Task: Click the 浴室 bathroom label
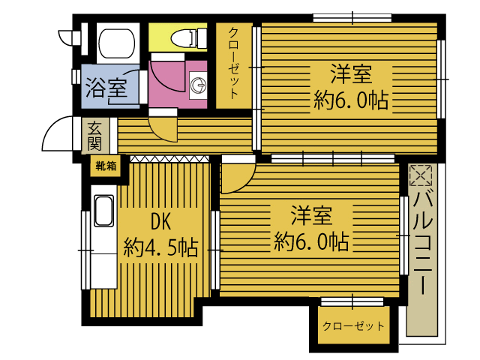(x=106, y=87)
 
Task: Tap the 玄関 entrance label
(x=94, y=135)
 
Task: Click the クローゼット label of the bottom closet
(x=352, y=326)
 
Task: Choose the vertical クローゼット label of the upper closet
(x=235, y=64)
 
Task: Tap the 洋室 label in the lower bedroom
(x=311, y=216)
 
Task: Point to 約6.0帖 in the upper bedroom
(x=351, y=101)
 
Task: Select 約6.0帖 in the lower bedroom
(x=311, y=241)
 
